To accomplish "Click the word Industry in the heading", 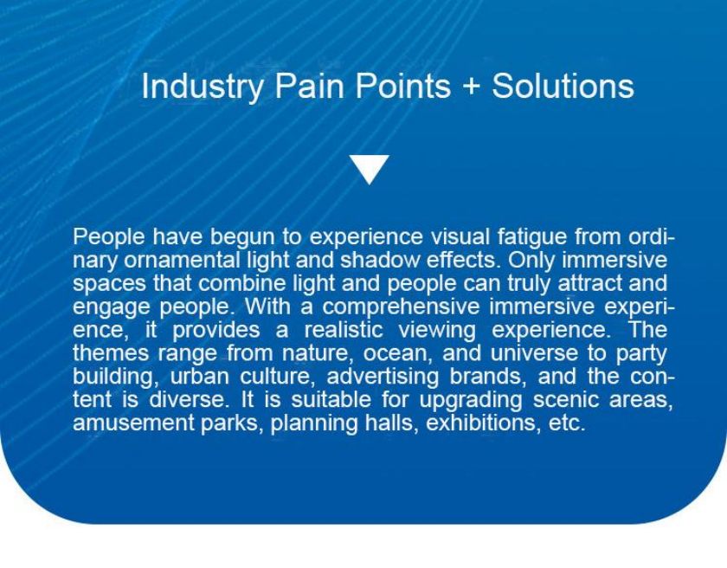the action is coord(203,87).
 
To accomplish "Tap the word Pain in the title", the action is coord(309,86).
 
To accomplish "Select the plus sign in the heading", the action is coord(471,87).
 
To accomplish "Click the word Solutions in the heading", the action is coord(563,86).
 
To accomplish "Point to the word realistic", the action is coord(344,330).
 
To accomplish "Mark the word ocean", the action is coord(398,354).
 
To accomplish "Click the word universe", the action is coord(534,353).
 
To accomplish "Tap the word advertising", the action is coord(383,378).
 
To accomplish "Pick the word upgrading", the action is coord(471,401).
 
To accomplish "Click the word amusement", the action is coord(133,423).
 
